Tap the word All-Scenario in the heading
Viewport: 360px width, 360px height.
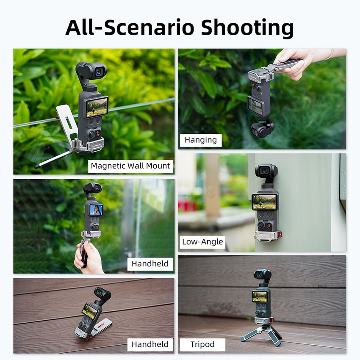pos(130,28)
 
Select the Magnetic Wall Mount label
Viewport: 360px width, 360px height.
pos(130,166)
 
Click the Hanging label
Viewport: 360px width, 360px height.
pos(201,140)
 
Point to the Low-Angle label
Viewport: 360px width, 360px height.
pos(202,242)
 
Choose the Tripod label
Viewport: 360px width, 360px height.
pos(202,344)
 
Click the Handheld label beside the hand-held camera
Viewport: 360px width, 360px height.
pos(150,264)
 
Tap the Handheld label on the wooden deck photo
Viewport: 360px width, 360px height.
pos(150,344)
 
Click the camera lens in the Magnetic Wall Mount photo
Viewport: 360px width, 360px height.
pos(99,72)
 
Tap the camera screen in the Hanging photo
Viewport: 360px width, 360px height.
pos(255,107)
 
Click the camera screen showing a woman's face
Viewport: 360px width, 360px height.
pos(96,210)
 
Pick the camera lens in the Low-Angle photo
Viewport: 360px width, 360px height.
pos(265,171)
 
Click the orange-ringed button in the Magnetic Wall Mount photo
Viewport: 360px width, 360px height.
pos(98,133)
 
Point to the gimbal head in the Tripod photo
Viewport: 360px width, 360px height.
pos(262,275)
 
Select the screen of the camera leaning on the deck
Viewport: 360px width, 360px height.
pos(90,312)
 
